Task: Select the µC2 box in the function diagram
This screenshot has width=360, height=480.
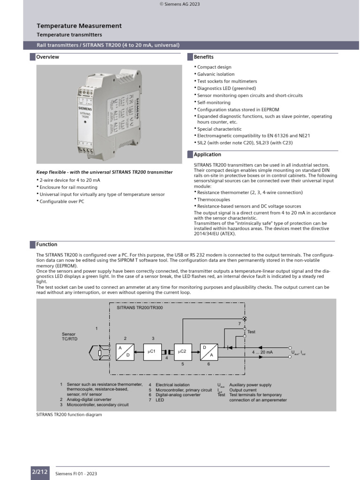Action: coord(182,351)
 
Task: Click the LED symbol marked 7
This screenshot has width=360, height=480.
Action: coord(244,318)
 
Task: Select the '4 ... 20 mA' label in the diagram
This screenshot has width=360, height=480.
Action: coord(263,352)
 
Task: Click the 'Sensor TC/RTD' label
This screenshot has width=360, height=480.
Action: coord(68,337)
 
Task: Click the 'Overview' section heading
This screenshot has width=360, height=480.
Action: coord(48,57)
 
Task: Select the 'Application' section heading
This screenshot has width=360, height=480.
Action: coord(207,155)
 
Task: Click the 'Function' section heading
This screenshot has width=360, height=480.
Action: coord(47,245)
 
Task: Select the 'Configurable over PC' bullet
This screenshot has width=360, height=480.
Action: coord(62,201)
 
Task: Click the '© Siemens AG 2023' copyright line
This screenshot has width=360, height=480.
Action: coord(180,4)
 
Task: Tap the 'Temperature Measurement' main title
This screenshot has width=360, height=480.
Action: coord(79,26)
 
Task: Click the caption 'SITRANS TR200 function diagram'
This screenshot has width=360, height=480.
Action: coord(69,415)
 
